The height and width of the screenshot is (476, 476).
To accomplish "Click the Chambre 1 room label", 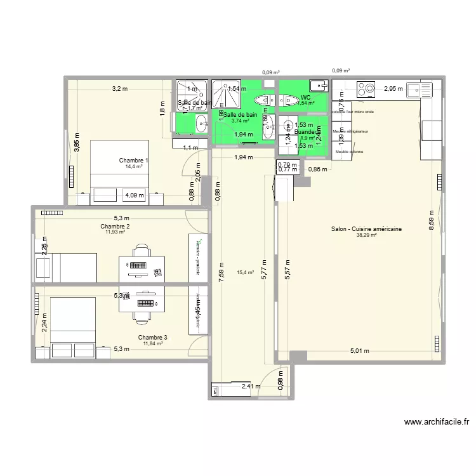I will pos(134,161).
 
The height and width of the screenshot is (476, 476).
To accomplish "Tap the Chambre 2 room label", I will pos(115,227).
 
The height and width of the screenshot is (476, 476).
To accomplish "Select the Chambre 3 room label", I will pos(153,338).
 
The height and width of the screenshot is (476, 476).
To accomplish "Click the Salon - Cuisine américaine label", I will pos(367,229).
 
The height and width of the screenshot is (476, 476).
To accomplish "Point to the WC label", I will pos(305,98).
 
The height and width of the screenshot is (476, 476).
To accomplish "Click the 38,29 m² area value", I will pos(366,235).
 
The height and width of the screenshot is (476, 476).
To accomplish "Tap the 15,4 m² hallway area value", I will pos(245,273).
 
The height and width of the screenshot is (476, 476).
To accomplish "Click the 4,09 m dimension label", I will pos(135,195).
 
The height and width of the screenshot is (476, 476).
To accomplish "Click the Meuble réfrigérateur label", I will pos(351,131).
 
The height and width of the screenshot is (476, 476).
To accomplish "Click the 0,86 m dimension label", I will pos(318,169).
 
